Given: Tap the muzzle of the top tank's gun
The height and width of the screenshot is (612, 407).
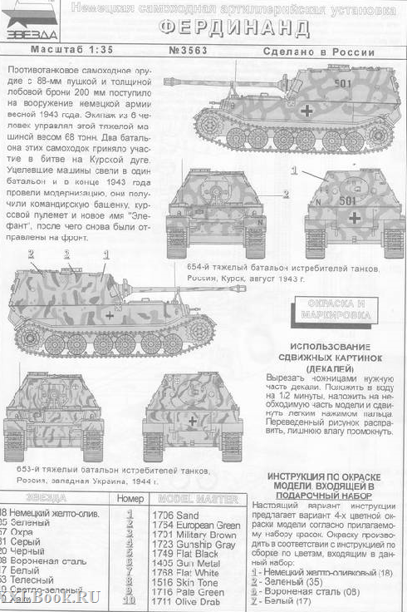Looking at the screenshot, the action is pyautogui.click(x=169, y=81).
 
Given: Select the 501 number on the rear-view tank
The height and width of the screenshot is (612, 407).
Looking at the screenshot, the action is pyautogui.click(x=347, y=200).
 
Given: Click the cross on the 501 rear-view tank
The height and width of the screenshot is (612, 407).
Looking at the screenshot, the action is pyautogui.click(x=355, y=218).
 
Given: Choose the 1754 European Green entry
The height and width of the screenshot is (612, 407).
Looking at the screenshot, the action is pyautogui.click(x=196, y=526).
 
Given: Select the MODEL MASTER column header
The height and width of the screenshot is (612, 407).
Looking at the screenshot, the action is pyautogui.click(x=195, y=500).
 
